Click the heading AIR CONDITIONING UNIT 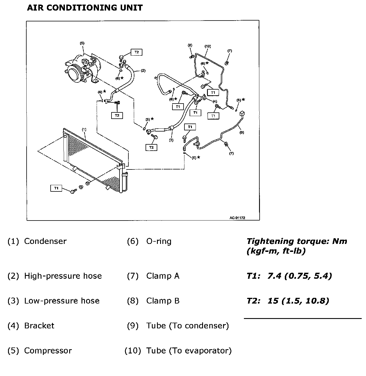point(85,8)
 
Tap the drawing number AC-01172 point(237,218)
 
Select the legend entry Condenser point(45,241)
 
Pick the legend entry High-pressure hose point(63,276)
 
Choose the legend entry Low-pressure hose point(62,301)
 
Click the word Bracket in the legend point(39,326)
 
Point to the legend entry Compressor point(48,351)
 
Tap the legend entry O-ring point(159,241)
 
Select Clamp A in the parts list point(163,276)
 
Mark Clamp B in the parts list point(163,301)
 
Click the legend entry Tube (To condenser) point(187,326)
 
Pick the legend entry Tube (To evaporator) point(189,351)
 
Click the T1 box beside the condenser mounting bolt point(56,188)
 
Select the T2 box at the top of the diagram point(136,52)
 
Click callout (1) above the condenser point(84,129)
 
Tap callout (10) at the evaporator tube point(208,46)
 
